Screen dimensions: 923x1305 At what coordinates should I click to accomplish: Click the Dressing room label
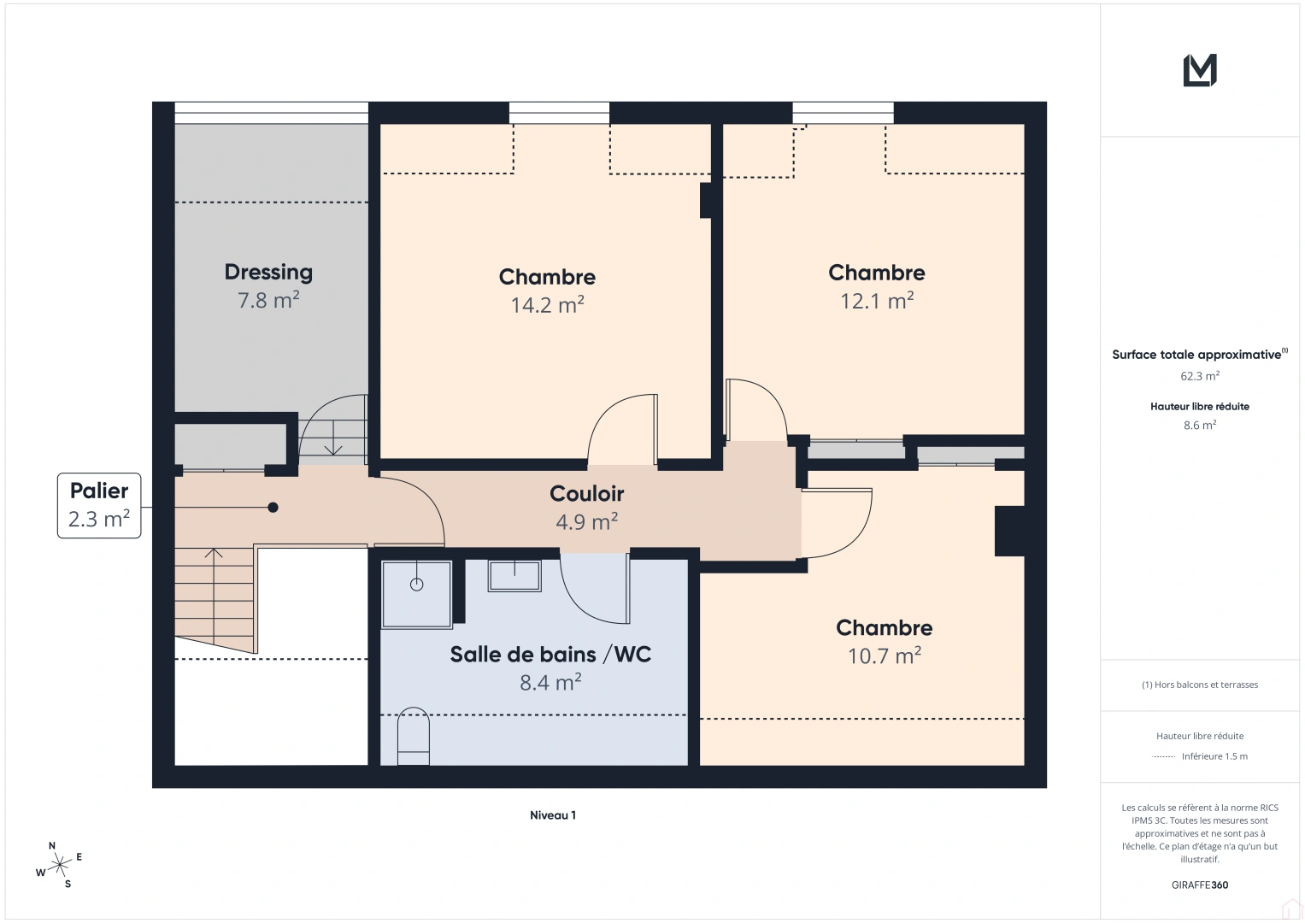point(268,272)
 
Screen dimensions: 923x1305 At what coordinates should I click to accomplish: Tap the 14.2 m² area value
point(547,305)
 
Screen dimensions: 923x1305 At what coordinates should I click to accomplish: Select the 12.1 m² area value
point(877,301)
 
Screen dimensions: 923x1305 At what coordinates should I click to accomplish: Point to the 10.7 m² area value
point(884,656)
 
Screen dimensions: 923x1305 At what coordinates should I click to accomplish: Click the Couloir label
point(586,493)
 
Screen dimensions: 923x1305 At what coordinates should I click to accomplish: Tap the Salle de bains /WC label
point(550,654)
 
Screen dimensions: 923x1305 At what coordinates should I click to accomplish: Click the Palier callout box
point(99,505)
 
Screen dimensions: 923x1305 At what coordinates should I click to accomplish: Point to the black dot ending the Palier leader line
point(273,508)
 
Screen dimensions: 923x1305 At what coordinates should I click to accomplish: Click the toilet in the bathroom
point(414,736)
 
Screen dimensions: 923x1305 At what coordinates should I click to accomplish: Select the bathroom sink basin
point(514,576)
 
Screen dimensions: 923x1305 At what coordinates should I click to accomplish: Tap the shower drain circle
point(417,585)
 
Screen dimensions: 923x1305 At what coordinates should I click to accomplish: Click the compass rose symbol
point(60,866)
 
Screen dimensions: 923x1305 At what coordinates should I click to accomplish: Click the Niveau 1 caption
point(552,815)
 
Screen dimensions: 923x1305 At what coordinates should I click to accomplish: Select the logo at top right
point(1200,70)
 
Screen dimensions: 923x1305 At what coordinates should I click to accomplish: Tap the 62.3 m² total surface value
point(1200,376)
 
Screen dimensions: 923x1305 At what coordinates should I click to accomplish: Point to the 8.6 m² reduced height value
point(1200,425)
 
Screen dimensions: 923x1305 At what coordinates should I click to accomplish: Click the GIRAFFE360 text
point(1200,885)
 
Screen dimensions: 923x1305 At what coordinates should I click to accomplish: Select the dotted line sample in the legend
point(1163,756)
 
